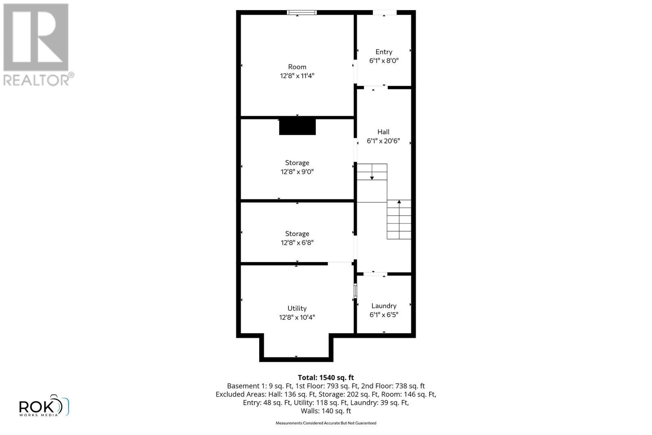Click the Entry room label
pos(383,52)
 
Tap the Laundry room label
pos(383,306)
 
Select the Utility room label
pos(297,309)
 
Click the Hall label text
pos(383,132)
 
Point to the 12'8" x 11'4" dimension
pos(297,76)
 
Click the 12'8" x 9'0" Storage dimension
pos(297,172)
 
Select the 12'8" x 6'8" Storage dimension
pos(297,243)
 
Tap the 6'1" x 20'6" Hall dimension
pos(383,141)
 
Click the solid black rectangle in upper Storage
pos(297,126)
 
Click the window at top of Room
pos(302,13)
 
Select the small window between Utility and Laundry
pos(355,291)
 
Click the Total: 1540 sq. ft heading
pos(326,378)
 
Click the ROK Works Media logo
pos(44,406)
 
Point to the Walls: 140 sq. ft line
pos(326,411)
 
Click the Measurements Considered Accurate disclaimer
pos(326,423)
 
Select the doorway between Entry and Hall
pos(375,87)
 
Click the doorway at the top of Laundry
pos(375,274)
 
